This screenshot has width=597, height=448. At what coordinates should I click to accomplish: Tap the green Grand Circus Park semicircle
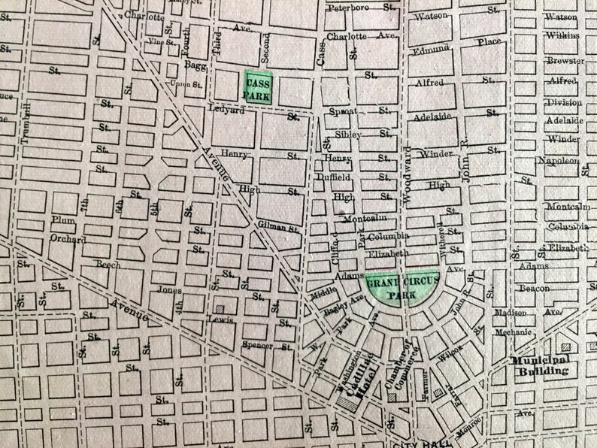(392, 287)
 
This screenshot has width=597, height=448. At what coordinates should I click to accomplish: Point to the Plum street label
(62, 220)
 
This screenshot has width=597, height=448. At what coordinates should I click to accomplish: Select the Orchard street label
(68, 240)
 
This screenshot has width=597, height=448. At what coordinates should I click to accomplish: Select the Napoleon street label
(556, 160)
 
